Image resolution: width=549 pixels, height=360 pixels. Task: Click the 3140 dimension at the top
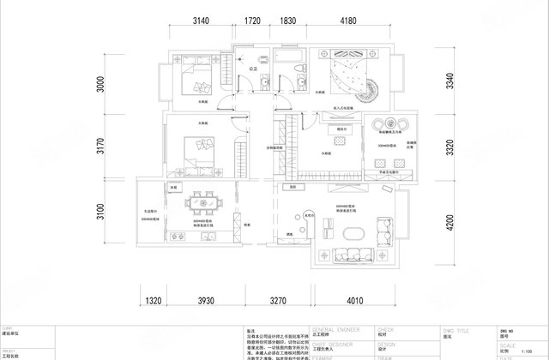(x=202, y=20)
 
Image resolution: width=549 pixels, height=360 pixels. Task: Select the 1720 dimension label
(x=251, y=20)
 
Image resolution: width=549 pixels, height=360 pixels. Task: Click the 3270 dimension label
(x=273, y=302)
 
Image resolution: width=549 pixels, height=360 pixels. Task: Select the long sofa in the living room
(x=353, y=255)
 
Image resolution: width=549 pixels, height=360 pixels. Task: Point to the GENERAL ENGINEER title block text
(x=336, y=328)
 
